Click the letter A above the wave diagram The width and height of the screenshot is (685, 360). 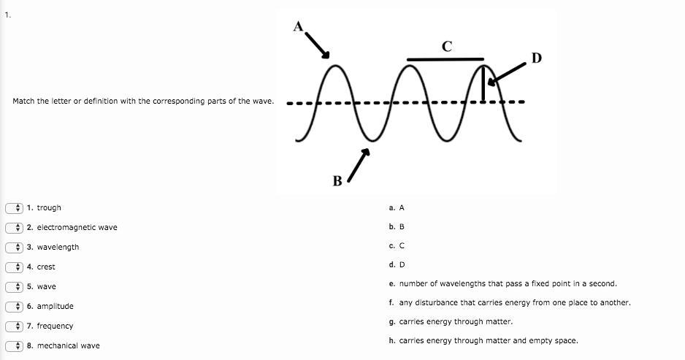(x=298, y=26)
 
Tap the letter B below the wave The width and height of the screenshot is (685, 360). (x=337, y=180)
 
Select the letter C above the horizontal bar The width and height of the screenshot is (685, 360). (x=447, y=47)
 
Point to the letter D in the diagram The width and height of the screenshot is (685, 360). (x=537, y=58)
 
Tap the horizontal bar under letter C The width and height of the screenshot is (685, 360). (x=445, y=59)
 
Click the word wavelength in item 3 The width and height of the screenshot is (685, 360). (x=58, y=248)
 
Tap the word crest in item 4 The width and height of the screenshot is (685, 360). (x=46, y=267)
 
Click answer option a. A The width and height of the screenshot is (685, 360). (x=397, y=208)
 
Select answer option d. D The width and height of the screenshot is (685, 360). (x=397, y=264)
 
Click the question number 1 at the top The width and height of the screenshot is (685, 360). (x=7, y=14)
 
